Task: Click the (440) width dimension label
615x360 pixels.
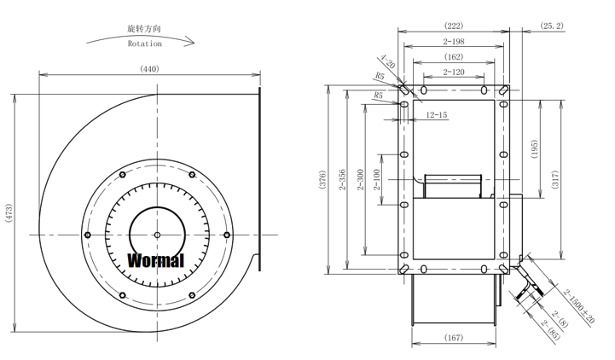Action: tap(149, 69)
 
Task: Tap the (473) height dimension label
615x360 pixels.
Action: tap(9, 213)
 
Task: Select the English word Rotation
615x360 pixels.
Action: tap(145, 44)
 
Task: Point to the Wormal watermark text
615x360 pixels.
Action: tap(156, 260)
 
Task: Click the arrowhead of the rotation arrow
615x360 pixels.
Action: tap(190, 41)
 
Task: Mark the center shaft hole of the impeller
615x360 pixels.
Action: tap(157, 235)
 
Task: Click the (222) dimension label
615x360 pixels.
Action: tap(454, 26)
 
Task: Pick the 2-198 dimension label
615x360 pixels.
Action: tap(454, 41)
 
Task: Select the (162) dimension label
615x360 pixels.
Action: tap(454, 57)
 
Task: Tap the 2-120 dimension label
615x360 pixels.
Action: tap(454, 73)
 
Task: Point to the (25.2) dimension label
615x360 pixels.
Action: tap(552, 26)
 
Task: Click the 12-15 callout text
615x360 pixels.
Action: tap(437, 115)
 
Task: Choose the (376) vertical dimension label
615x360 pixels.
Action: tap(322, 180)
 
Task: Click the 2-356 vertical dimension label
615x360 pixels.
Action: tap(342, 180)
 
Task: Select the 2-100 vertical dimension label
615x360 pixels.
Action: tap(377, 180)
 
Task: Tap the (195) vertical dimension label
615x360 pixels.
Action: tap(534, 149)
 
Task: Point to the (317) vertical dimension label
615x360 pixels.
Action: tap(554, 180)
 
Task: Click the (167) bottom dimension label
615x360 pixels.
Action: tap(454, 337)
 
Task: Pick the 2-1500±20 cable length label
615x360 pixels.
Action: tap(579, 306)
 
